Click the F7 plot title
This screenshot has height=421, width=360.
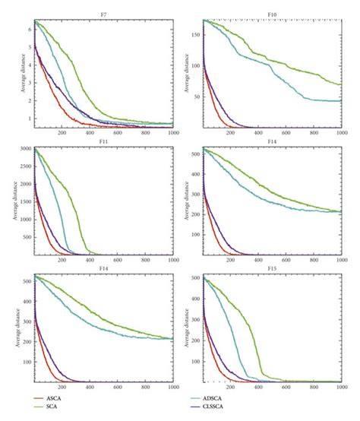coord(103,14)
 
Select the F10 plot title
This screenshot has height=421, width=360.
coord(271,14)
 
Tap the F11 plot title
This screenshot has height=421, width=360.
coord(103,141)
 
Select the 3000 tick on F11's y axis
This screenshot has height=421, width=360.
coord(23,149)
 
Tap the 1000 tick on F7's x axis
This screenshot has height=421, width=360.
coord(168,133)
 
